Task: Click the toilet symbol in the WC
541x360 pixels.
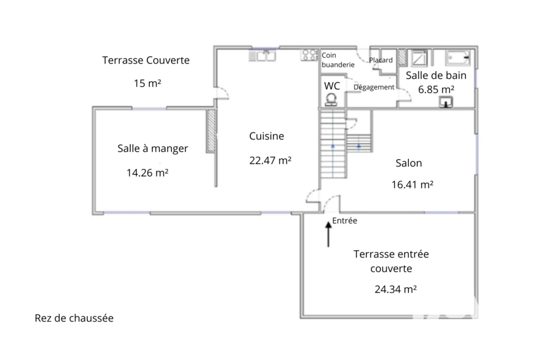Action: coord(332,99)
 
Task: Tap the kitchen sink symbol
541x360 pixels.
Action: coord(262,56)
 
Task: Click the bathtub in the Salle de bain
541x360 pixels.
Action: coord(458,58)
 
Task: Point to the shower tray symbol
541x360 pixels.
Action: coord(419,58)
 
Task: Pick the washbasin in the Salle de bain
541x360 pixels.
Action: coord(446,102)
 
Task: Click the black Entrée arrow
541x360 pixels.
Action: coord(328,234)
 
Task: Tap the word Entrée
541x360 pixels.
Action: coord(344,221)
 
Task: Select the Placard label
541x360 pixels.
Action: coord(381,60)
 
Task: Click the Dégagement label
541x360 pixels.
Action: coord(374,87)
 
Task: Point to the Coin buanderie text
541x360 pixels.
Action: coord(338,60)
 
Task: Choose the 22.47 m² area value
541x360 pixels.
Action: coord(270,160)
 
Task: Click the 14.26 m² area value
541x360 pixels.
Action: coord(147,173)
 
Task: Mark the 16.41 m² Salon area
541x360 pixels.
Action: coord(412,184)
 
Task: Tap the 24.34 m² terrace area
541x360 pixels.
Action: coord(395,289)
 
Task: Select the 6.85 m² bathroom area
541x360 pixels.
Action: coord(436,89)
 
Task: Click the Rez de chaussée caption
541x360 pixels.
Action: coord(74,318)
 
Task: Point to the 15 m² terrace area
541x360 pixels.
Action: coord(147,83)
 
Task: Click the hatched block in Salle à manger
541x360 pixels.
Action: coord(211,131)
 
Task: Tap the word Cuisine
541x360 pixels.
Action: coord(267,136)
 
